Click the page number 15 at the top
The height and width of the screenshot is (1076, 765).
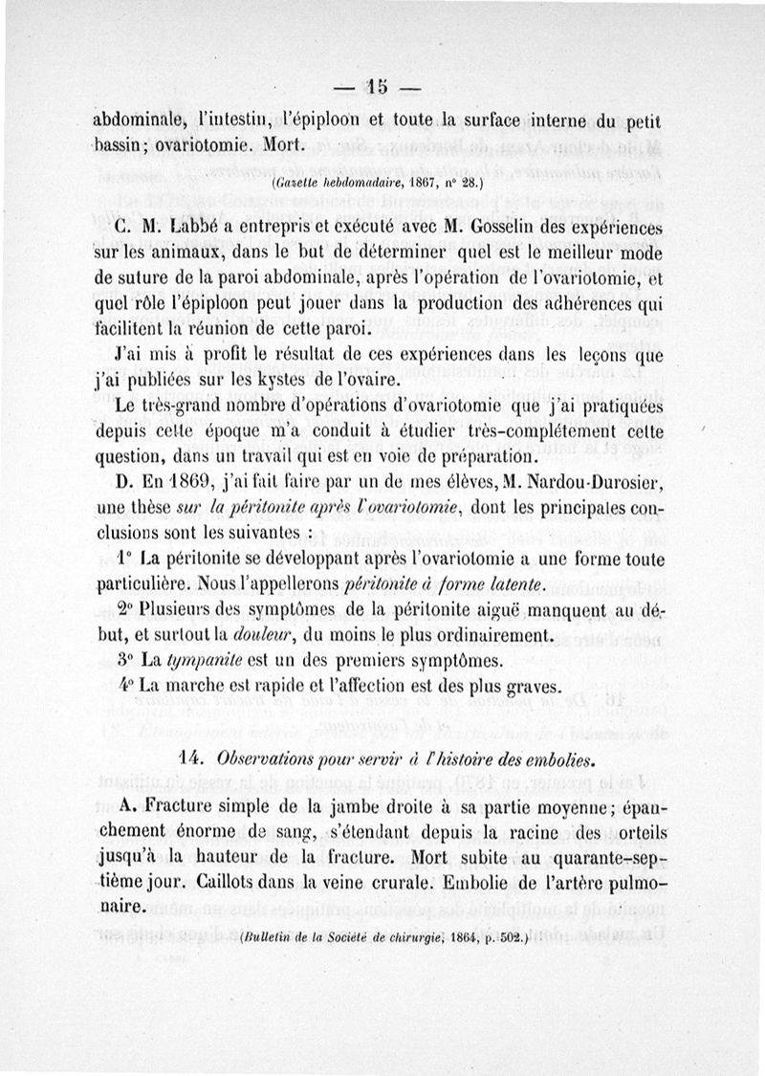point(375,88)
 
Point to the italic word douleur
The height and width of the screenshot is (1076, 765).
point(252,634)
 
